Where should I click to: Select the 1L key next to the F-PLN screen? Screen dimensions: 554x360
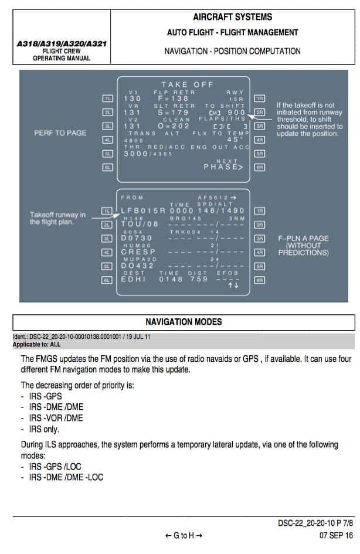[107, 210]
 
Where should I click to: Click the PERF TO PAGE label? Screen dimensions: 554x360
[60, 133]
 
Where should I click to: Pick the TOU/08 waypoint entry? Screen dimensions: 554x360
[140, 224]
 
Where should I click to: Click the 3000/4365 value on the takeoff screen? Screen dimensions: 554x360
[144, 154]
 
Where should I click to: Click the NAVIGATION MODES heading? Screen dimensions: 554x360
[184, 322]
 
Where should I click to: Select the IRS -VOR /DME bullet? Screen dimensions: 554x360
[56, 418]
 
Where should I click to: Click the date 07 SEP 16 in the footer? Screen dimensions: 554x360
[336, 536]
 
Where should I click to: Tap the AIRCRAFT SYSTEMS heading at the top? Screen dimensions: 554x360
[232, 17]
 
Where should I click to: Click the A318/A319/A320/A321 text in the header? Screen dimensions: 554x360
[62, 43]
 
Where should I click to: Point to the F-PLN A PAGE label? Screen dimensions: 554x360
[303, 239]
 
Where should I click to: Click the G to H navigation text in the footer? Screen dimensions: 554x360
[184, 536]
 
